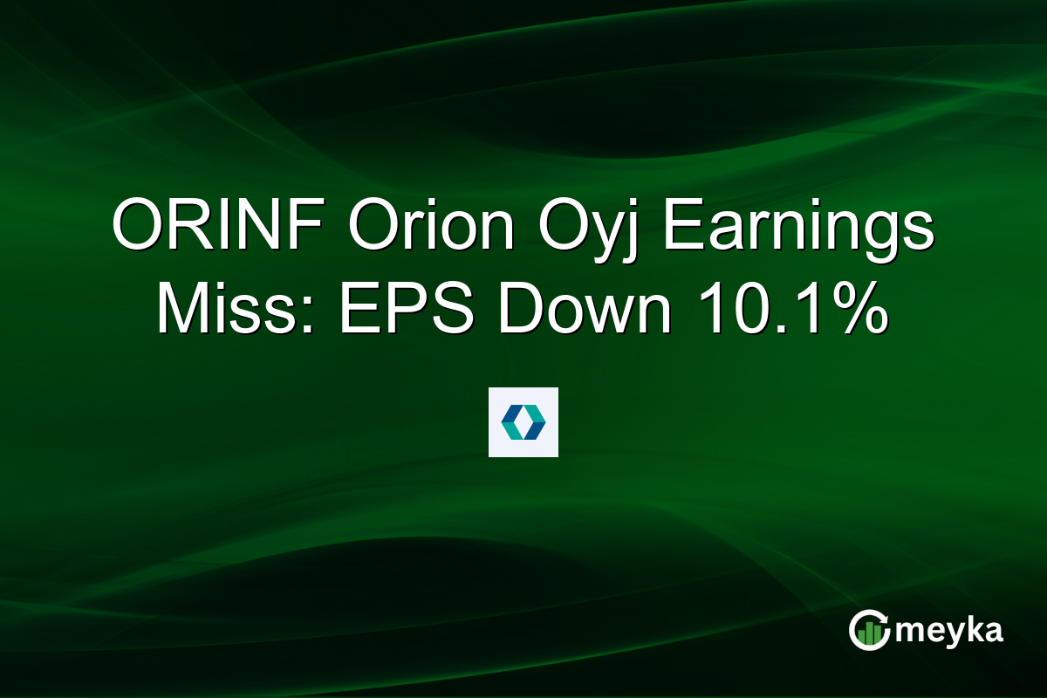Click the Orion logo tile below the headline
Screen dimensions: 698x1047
pos(523,422)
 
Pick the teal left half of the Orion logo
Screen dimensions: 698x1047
pos(511,422)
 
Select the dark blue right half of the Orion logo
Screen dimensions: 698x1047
pos(536,422)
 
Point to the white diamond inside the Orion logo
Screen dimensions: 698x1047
pos(523,422)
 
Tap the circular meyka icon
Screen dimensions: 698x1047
pos(869,631)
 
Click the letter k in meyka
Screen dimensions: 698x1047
pos(971,629)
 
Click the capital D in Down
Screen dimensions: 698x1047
pos(517,311)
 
